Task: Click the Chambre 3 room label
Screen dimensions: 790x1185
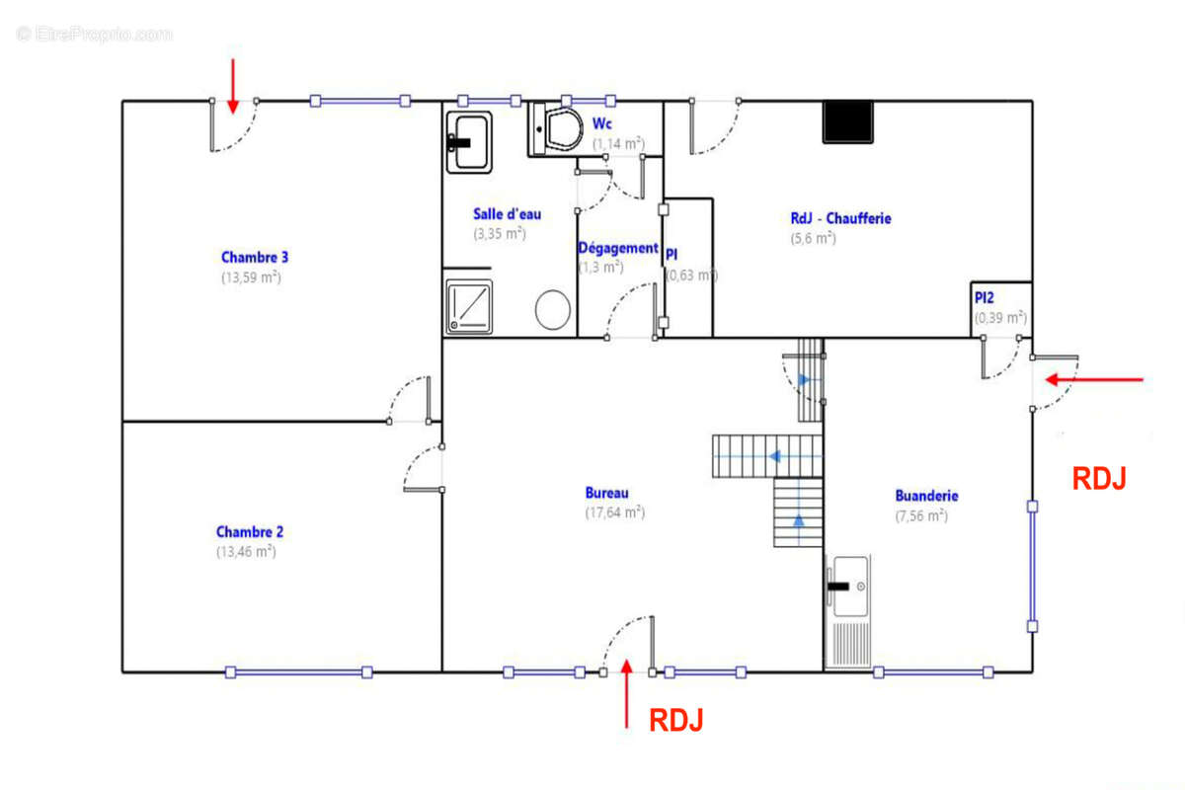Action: coord(254,257)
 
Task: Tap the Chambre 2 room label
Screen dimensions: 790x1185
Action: coord(249,531)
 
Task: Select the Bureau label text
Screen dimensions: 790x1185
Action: coord(606,493)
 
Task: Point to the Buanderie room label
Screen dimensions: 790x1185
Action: coord(926,496)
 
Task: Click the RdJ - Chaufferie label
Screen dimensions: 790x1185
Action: coord(840,218)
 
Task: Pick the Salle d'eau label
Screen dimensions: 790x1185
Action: coord(507,213)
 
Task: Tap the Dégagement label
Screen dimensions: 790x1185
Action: coord(617,248)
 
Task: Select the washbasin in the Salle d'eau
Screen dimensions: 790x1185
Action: coord(468,141)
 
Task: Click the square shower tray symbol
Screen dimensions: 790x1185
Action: coord(468,306)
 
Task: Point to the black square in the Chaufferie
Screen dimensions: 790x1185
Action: coord(848,121)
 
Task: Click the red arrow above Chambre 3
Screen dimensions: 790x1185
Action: coord(233,85)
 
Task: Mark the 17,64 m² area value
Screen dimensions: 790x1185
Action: coord(614,512)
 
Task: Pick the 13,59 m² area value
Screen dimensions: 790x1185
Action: coord(251,277)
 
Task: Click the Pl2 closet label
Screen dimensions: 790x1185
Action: coord(985,297)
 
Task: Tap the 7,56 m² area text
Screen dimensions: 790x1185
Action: coord(921,515)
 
